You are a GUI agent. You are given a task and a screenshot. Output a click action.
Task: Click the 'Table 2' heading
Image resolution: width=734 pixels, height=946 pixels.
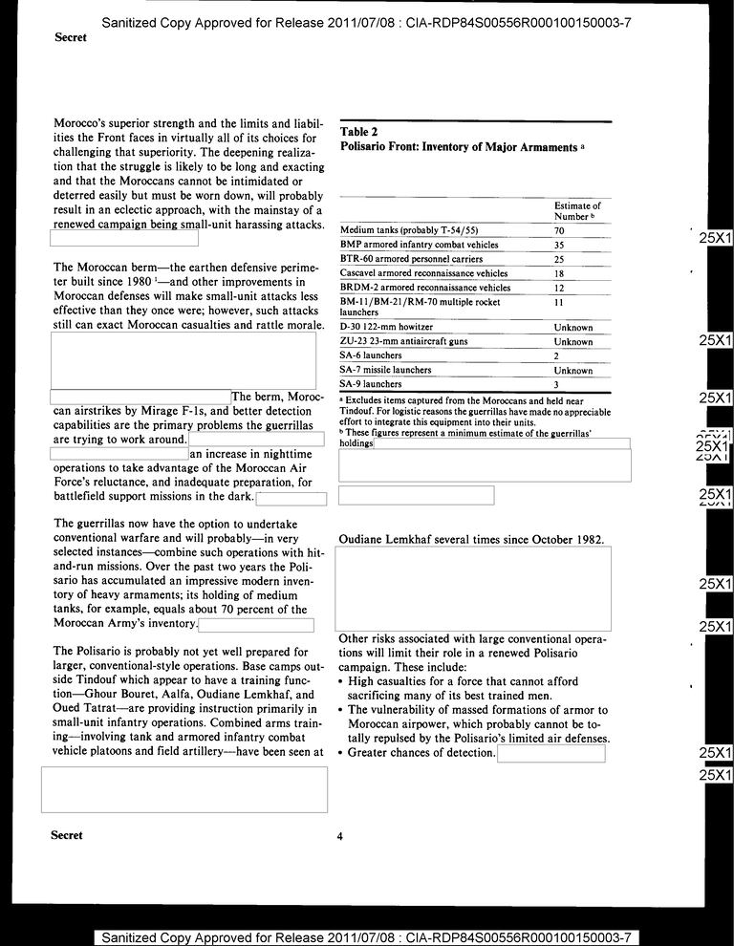pos(360,132)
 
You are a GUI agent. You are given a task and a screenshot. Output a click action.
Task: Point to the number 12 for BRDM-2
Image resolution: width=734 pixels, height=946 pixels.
pos(560,288)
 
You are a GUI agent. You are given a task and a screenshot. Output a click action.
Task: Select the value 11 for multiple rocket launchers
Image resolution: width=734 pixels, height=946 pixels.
pos(560,302)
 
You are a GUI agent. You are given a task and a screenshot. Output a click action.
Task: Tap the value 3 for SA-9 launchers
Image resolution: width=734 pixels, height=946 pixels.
pos(557,384)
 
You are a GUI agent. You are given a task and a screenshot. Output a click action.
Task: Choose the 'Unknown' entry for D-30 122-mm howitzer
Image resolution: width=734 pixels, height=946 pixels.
pos(573,327)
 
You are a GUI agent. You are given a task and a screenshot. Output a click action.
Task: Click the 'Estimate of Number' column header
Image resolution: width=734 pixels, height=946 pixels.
pos(577,211)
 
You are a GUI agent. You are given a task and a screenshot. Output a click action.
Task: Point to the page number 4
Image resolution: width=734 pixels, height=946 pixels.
pos(339,837)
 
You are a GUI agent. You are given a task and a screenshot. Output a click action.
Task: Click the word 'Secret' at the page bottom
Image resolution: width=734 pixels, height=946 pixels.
pos(67,835)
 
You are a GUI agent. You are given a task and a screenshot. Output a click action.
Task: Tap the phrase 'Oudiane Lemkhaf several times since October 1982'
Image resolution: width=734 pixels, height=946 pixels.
pos(471,540)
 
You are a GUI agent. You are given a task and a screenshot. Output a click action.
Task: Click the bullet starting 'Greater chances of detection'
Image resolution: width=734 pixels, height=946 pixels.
pos(421,753)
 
